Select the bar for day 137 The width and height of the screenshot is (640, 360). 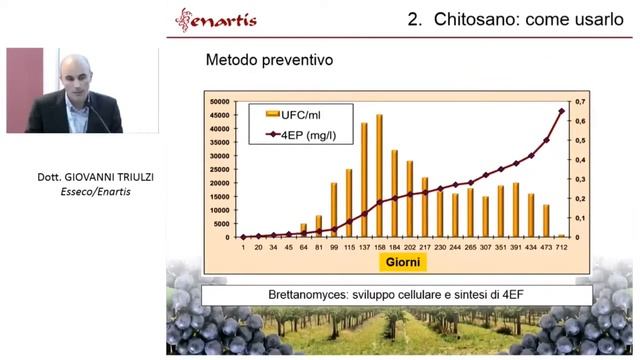click(364, 180)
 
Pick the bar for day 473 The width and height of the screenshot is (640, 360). click(546, 221)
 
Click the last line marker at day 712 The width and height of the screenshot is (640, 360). click(561, 111)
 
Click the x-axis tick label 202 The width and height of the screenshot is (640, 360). click(409, 246)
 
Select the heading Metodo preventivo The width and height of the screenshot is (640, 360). click(269, 60)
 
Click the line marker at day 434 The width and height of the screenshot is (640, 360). click(531, 155)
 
